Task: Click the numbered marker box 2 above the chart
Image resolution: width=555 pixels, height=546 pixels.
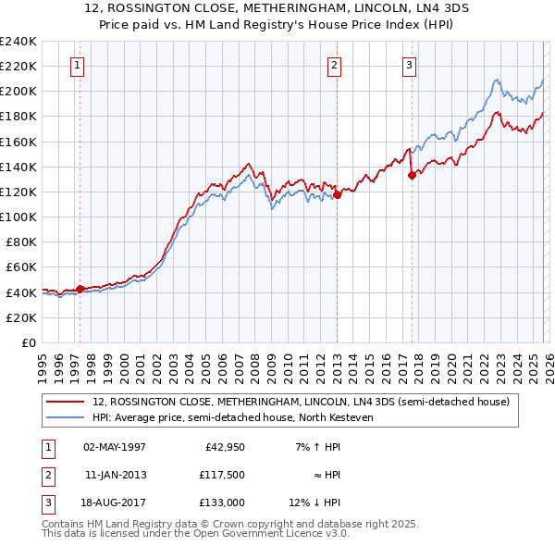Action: (x=334, y=65)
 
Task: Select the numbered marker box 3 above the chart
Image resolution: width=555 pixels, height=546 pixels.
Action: (x=409, y=65)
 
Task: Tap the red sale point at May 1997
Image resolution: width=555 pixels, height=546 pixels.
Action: (x=80, y=289)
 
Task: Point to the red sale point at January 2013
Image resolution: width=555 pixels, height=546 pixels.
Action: (x=337, y=194)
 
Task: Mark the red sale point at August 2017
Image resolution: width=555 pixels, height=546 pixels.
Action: (x=412, y=175)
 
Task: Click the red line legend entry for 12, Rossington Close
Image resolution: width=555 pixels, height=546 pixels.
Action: (x=301, y=403)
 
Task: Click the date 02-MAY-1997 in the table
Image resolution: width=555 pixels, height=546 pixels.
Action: (x=115, y=447)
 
